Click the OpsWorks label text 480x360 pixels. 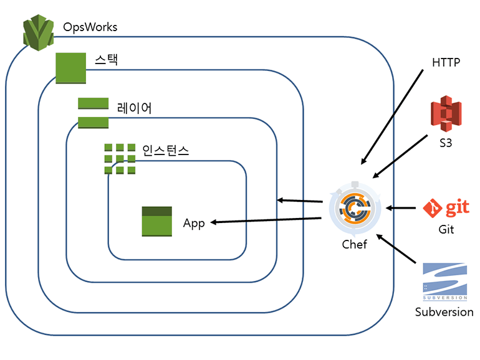pyautogui.click(x=90, y=27)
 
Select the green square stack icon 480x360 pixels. pyautogui.click(x=70, y=67)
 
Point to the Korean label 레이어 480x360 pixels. pyautogui.click(x=134, y=108)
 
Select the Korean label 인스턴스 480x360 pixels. pyautogui.click(x=165, y=150)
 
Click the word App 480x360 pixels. pyautogui.click(x=194, y=224)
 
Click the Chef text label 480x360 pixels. pyautogui.click(x=354, y=244)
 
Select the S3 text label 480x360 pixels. pyautogui.click(x=445, y=143)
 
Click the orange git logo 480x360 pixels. pyautogui.click(x=446, y=208)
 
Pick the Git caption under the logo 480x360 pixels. pyautogui.click(x=446, y=230)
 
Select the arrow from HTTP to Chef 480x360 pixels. pyautogui.click(x=393, y=115)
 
